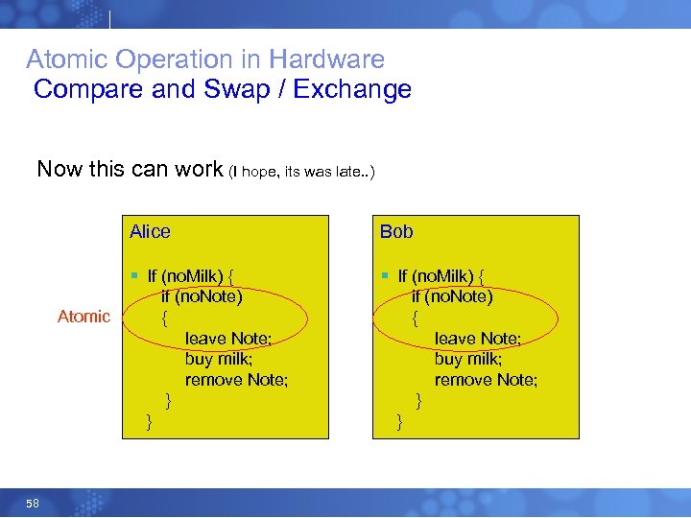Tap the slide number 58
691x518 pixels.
[33, 504]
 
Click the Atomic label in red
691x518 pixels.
[83, 317]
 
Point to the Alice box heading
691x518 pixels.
[150, 231]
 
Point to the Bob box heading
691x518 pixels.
[396, 231]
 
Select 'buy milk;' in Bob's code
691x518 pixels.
[468, 359]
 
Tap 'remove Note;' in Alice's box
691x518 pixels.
[236, 380]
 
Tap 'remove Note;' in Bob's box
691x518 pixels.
[486, 380]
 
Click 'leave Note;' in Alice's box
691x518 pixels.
[228, 338]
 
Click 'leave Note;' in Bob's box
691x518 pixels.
[478, 338]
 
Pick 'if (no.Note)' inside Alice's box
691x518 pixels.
[202, 296]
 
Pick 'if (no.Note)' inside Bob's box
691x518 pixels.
[451, 296]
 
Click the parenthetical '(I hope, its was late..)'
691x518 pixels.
[302, 172]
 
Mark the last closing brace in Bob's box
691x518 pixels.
[399, 421]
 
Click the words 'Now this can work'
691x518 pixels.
[130, 170]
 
